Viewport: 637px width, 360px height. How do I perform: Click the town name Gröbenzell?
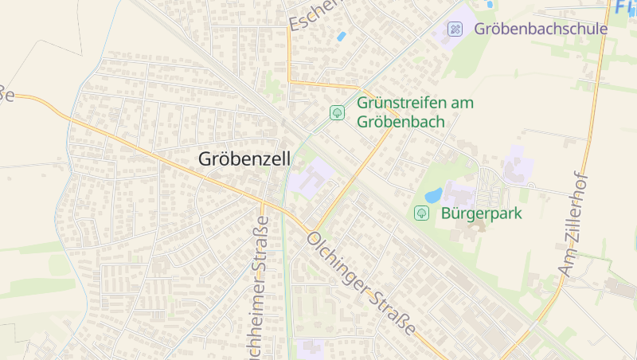243,159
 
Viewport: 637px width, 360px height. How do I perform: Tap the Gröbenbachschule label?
541,29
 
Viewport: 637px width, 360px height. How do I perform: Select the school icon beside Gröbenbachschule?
455,29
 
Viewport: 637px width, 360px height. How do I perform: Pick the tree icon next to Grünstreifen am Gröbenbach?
337,112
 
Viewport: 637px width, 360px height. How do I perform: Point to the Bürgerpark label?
476,213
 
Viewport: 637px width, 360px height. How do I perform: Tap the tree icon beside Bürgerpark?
421,213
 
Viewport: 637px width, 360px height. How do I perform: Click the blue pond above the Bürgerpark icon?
433,195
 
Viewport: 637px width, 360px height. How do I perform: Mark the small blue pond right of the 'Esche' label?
342,36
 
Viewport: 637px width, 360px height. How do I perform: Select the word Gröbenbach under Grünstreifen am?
401,122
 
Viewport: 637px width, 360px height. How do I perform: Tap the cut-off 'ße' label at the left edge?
6,93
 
